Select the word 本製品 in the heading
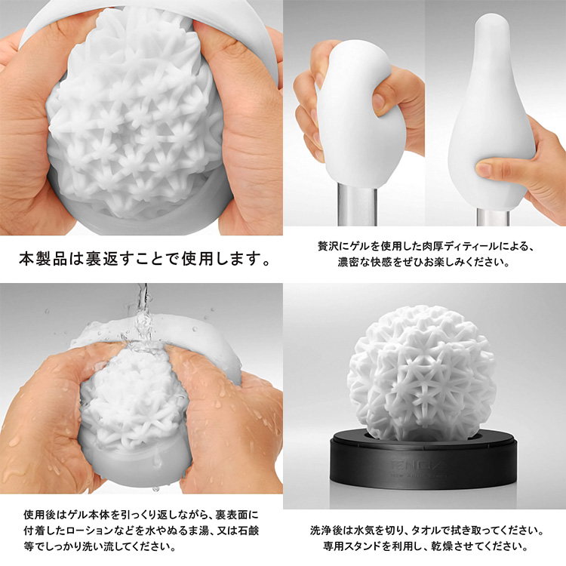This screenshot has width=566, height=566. pos(43,259)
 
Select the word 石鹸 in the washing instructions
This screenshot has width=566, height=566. pos(249,531)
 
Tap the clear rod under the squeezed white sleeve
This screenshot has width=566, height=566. pos(357,206)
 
